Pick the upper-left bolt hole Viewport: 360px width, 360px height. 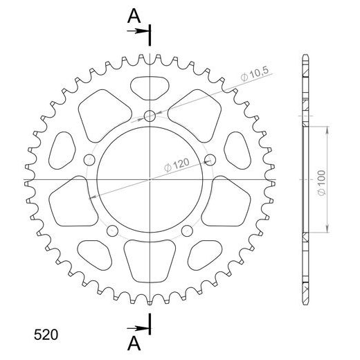click(89, 161)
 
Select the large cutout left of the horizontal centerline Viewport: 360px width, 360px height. click(72, 200)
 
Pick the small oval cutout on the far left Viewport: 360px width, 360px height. click(63, 151)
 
